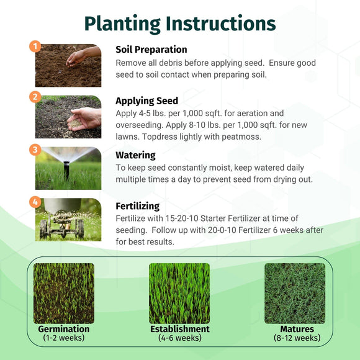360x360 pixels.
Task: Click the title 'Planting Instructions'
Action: tap(180, 23)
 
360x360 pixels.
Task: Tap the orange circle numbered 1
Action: tap(35, 47)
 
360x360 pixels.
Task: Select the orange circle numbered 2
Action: tap(35, 97)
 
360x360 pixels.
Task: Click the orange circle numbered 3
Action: tap(35, 150)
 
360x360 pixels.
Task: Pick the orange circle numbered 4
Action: tap(35, 202)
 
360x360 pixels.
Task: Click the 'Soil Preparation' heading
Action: tap(151, 49)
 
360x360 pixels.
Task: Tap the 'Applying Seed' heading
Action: tap(146, 101)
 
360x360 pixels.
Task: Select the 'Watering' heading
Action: tap(135, 155)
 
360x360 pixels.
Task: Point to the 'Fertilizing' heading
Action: tap(137, 205)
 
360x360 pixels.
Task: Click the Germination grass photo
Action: tap(64, 293)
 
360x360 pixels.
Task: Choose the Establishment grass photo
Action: tap(179, 293)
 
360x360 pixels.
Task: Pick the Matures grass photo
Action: tap(295, 293)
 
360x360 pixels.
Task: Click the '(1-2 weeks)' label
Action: tap(64, 338)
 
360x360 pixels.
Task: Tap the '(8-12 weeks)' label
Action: tap(297, 338)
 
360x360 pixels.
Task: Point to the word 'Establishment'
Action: tap(179, 329)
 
